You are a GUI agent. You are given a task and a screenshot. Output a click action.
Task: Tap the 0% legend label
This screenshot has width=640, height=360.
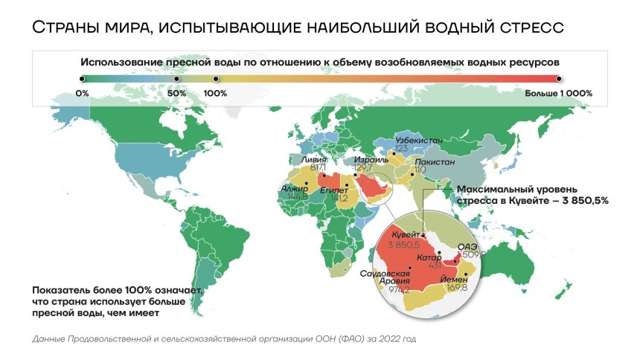(x=82, y=94)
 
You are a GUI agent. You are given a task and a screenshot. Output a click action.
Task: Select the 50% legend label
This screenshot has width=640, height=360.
(x=176, y=94)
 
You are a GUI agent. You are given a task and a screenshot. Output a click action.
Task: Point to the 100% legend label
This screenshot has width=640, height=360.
(x=215, y=94)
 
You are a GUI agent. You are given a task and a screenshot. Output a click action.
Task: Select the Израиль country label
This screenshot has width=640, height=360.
(x=370, y=160)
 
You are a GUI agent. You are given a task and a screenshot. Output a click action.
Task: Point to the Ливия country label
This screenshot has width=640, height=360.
(x=313, y=159)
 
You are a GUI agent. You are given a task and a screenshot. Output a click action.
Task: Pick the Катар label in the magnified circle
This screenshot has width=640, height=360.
(x=429, y=257)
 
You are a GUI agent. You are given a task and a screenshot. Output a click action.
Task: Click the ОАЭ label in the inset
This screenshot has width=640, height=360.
(x=467, y=245)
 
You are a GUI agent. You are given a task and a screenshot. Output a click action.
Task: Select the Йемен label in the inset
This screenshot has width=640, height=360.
(x=455, y=279)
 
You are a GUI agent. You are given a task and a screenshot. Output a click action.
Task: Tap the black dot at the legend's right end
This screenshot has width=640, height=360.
(x=558, y=77)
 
